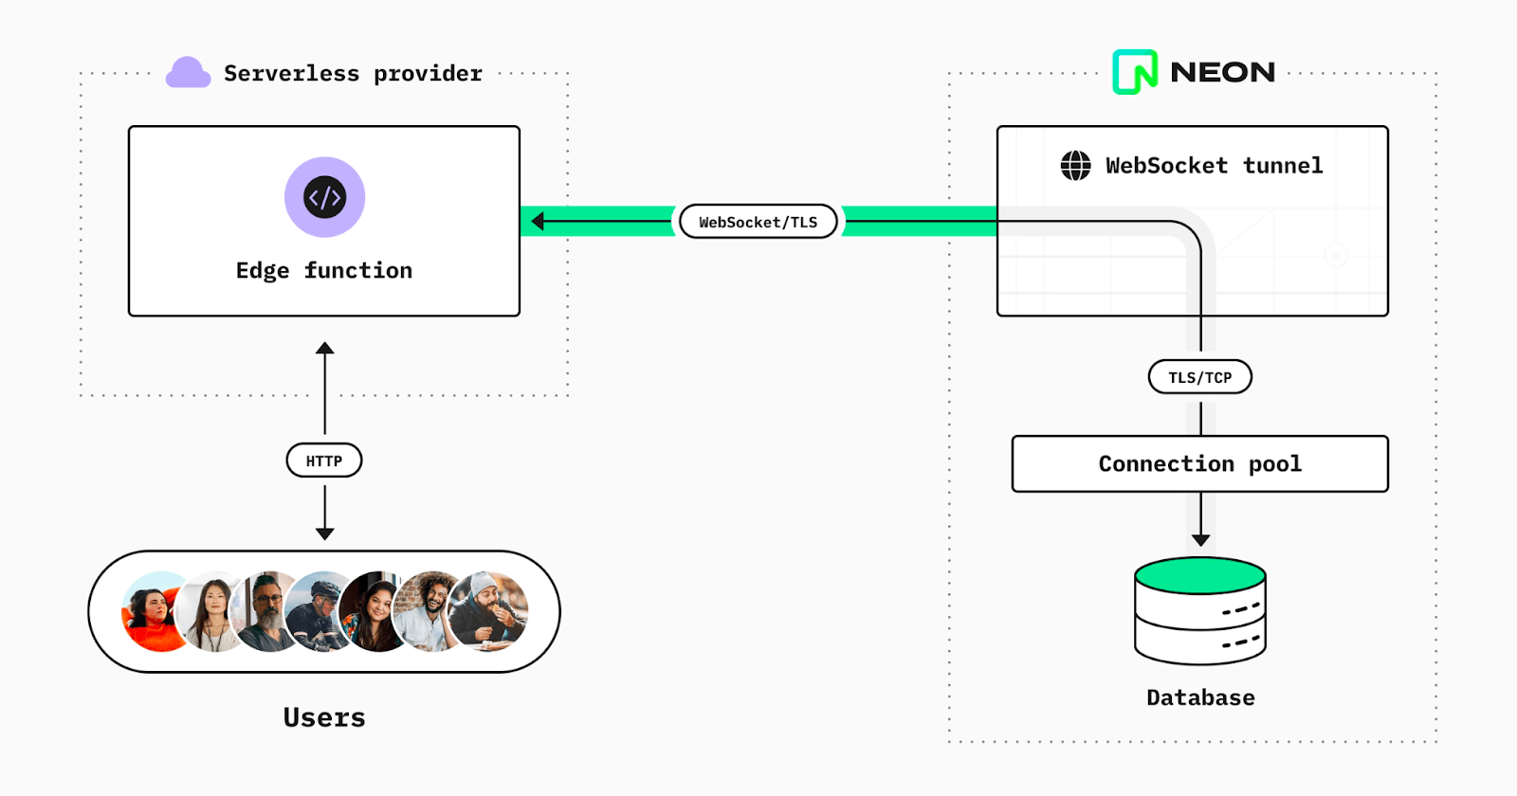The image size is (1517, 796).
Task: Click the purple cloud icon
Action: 188,73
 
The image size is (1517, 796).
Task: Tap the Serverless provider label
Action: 353,74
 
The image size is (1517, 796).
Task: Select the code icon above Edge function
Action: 324,197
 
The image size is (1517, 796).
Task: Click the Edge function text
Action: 324,271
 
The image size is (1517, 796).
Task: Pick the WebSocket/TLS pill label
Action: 758,222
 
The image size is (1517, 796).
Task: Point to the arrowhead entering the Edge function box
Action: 538,222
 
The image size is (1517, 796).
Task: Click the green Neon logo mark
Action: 1135,72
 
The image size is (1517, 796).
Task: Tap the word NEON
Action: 1222,72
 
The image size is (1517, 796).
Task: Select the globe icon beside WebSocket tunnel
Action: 1075,165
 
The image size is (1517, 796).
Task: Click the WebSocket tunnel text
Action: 1214,166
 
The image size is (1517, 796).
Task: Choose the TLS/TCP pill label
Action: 1199,377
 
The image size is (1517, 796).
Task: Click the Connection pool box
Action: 1199,464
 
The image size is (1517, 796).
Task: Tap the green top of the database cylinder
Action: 1200,575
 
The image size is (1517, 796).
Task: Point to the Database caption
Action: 1200,698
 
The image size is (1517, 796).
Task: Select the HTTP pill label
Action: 324,461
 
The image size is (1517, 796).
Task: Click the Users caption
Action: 324,717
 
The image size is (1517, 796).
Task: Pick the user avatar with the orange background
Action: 155,612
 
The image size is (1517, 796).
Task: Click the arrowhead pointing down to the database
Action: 1200,540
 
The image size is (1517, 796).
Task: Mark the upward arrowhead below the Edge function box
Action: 324,348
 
